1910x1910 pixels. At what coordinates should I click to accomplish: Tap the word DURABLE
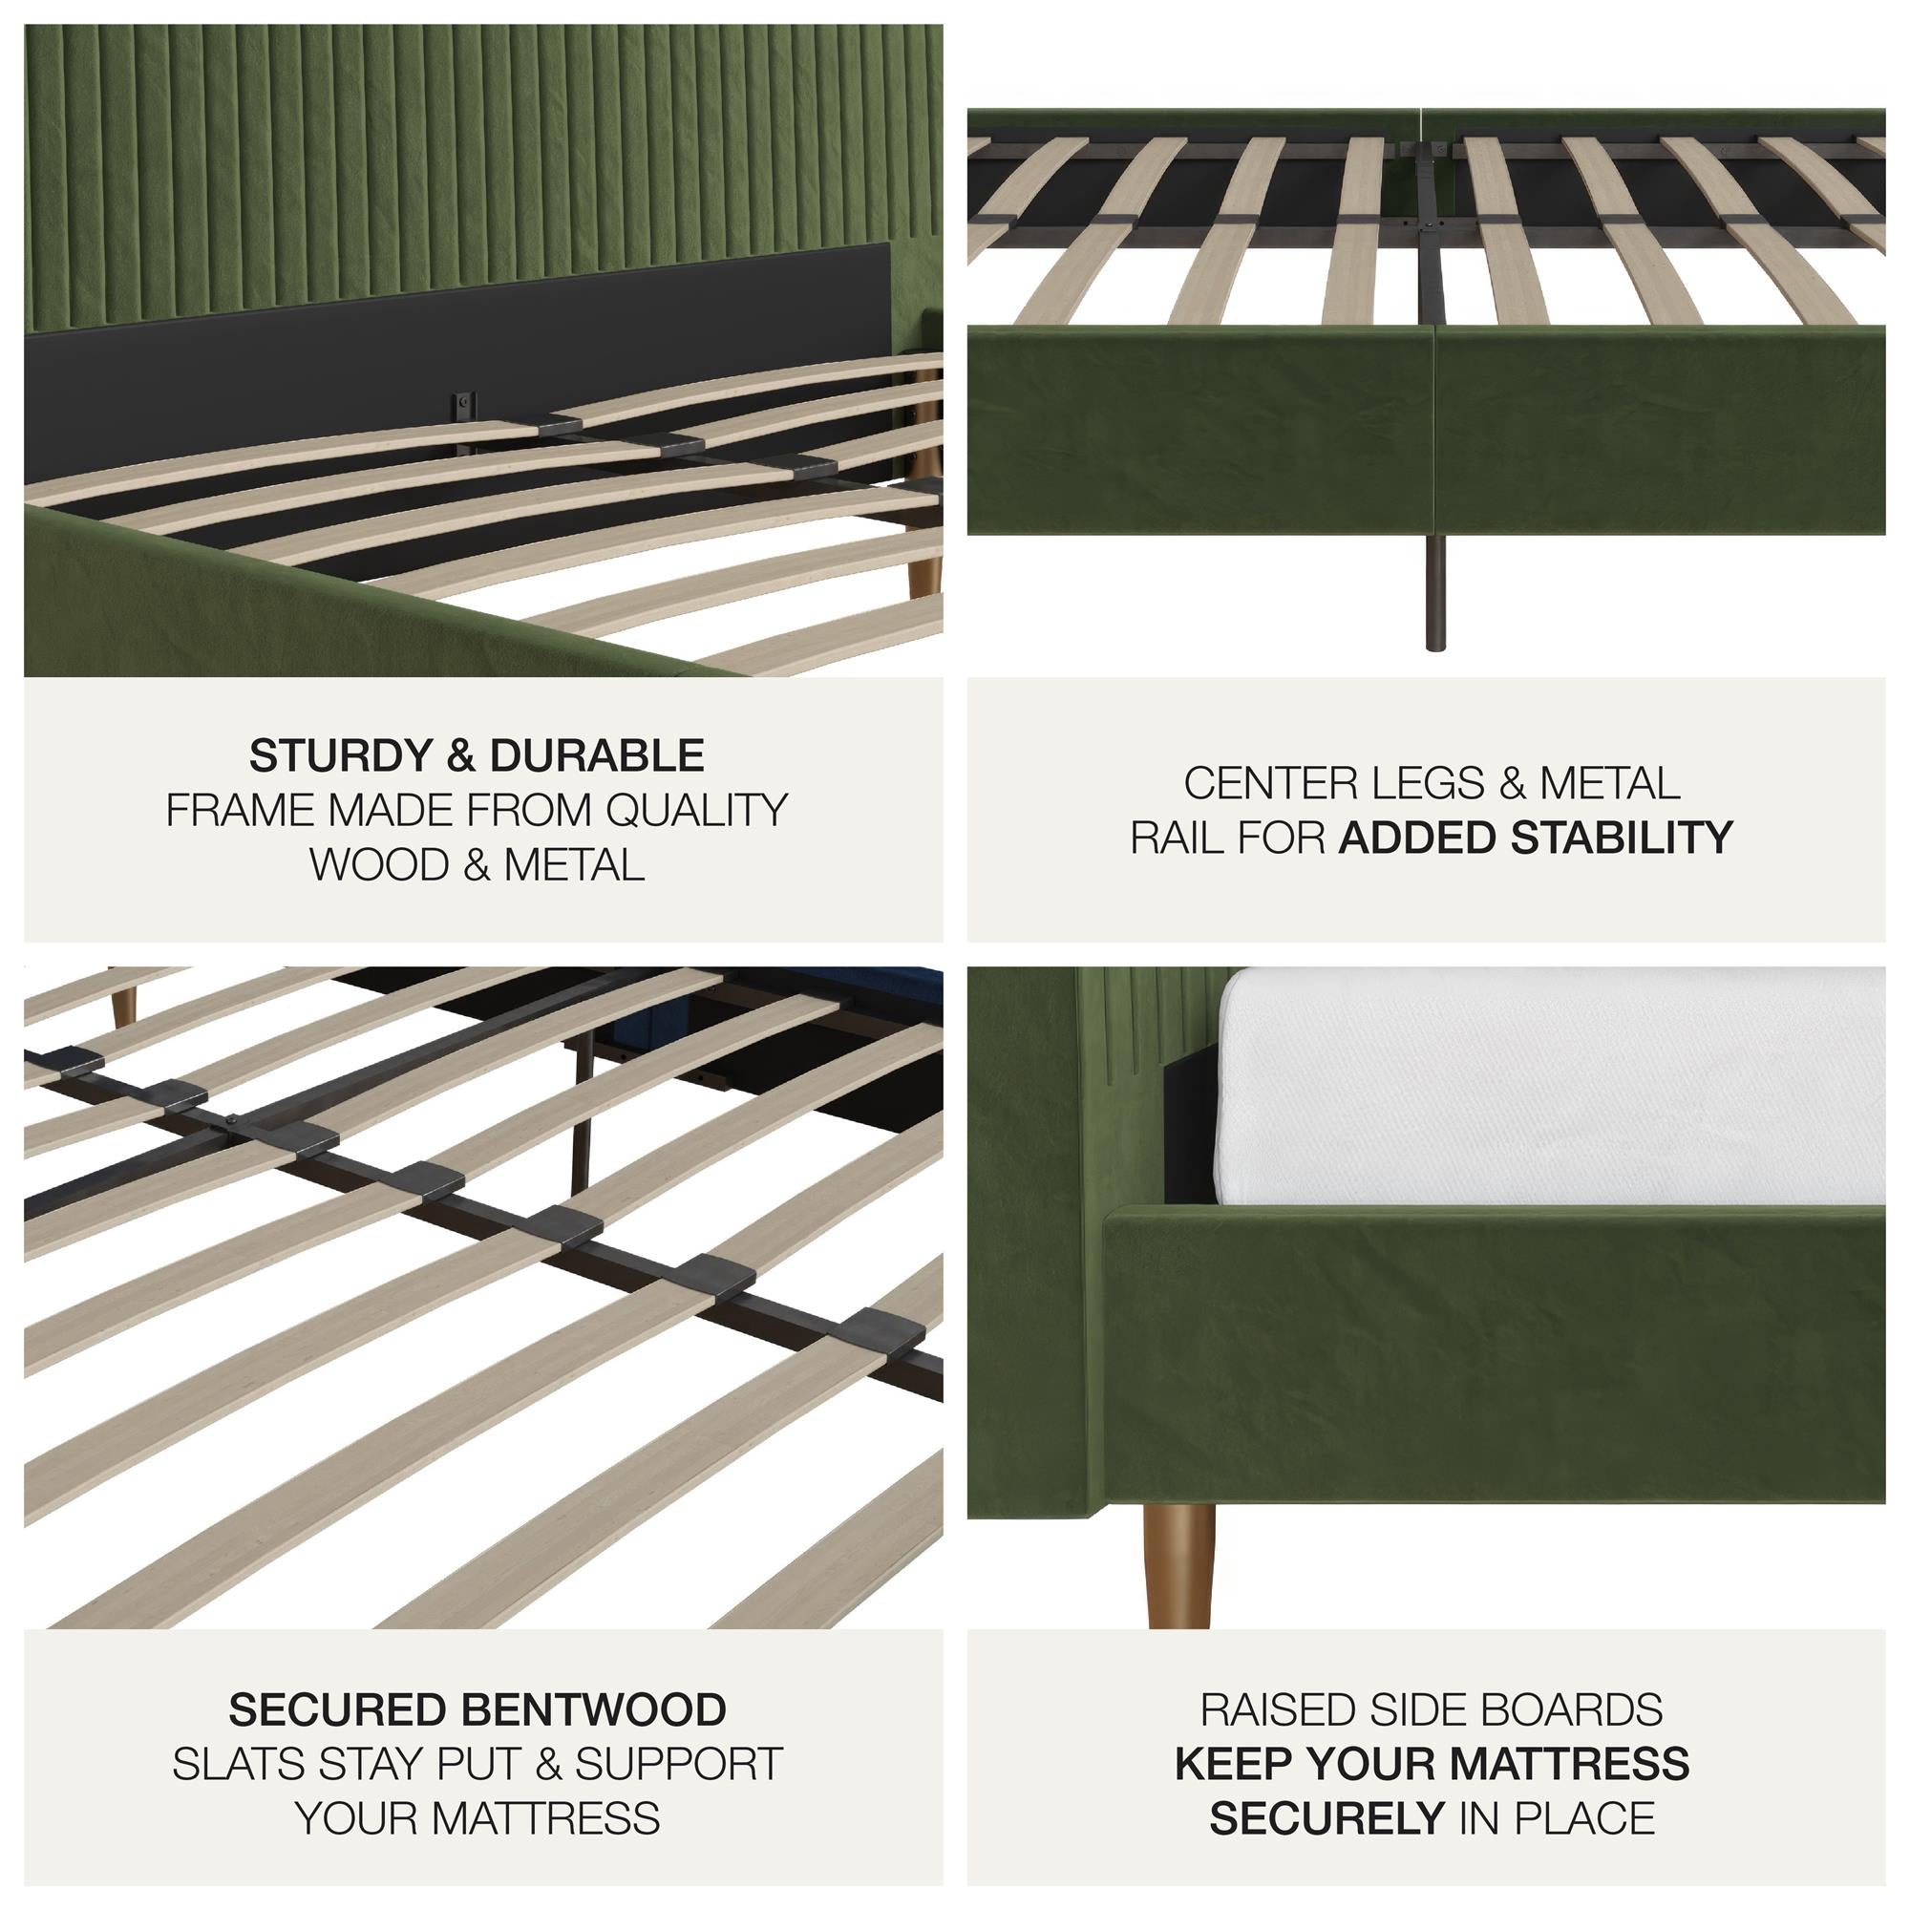(596, 756)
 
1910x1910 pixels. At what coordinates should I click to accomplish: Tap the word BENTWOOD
(593, 1709)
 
